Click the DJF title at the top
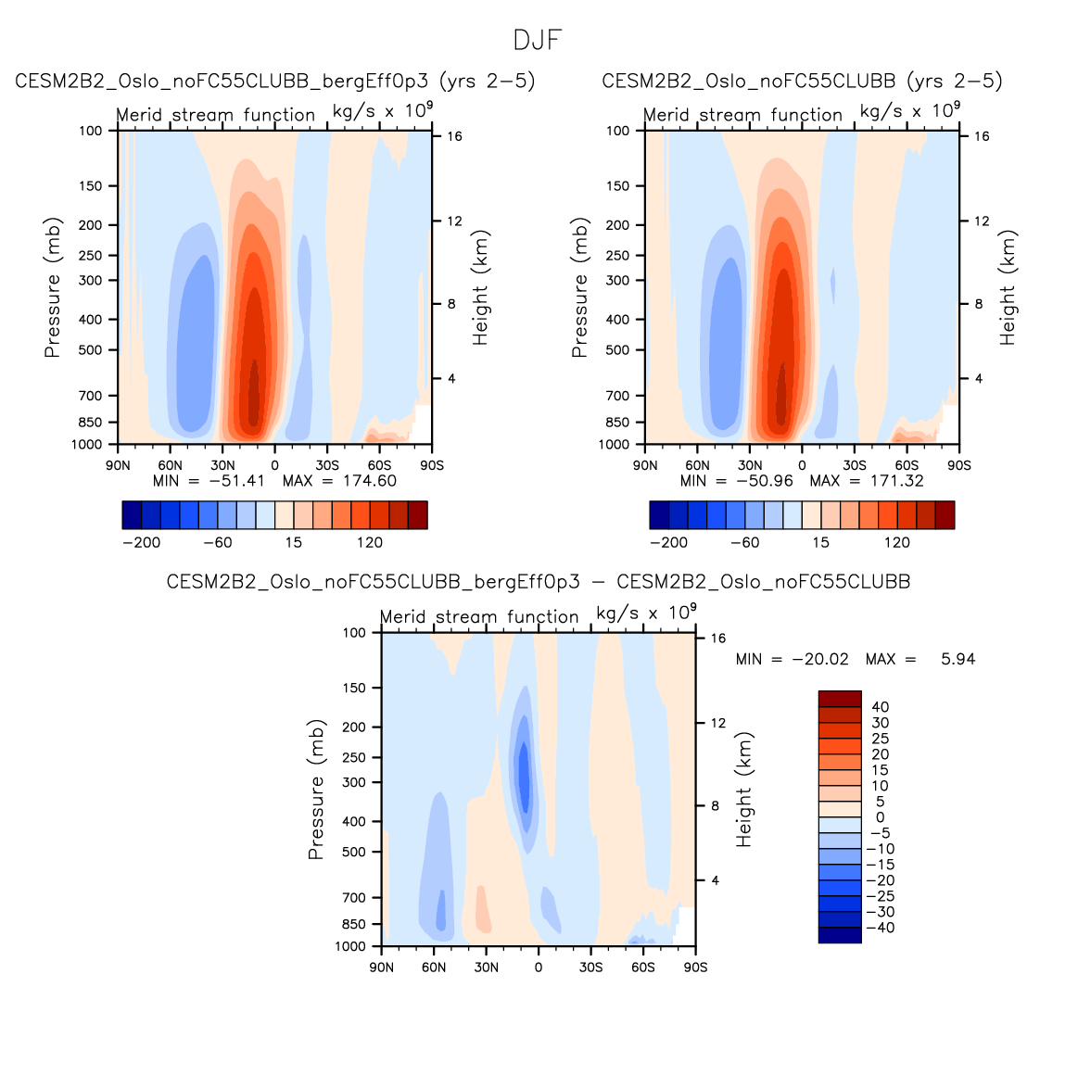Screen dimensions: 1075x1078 point(538,41)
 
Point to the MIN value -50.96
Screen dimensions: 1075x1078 point(763,481)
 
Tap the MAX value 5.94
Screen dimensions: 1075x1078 point(958,660)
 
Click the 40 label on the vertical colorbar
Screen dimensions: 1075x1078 point(880,707)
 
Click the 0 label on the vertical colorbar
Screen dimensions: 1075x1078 point(880,817)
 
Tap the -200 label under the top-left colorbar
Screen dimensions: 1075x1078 point(141,543)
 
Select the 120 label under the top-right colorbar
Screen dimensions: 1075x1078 point(896,543)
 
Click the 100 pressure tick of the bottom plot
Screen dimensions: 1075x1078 point(355,633)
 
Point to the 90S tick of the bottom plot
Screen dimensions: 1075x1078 point(695,967)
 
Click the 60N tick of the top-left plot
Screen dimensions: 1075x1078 point(170,465)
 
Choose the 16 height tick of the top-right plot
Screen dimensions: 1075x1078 point(982,136)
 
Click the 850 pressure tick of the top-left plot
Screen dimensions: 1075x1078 point(91,423)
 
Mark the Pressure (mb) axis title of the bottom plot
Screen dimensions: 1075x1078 point(316,790)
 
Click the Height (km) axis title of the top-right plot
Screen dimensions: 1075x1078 point(1008,287)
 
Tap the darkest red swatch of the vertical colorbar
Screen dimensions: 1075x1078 point(840,699)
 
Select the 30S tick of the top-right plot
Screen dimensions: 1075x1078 point(854,465)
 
